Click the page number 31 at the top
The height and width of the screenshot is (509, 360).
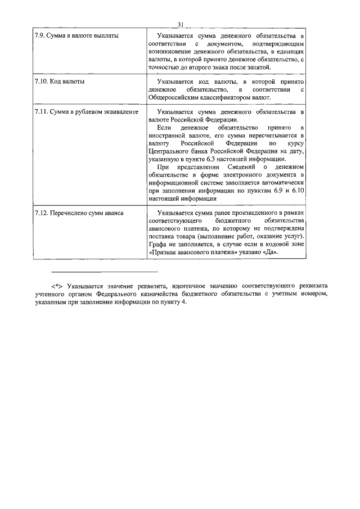tap(180, 24)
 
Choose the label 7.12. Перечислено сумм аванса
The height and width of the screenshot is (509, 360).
tap(79, 214)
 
